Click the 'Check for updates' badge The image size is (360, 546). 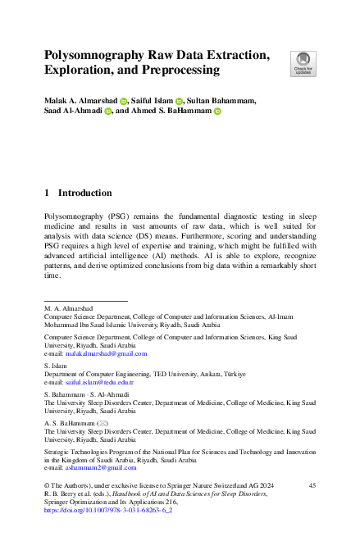pos(303,62)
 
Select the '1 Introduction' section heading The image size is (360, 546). pos(78,193)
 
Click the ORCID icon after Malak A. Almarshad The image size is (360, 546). pos(125,102)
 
